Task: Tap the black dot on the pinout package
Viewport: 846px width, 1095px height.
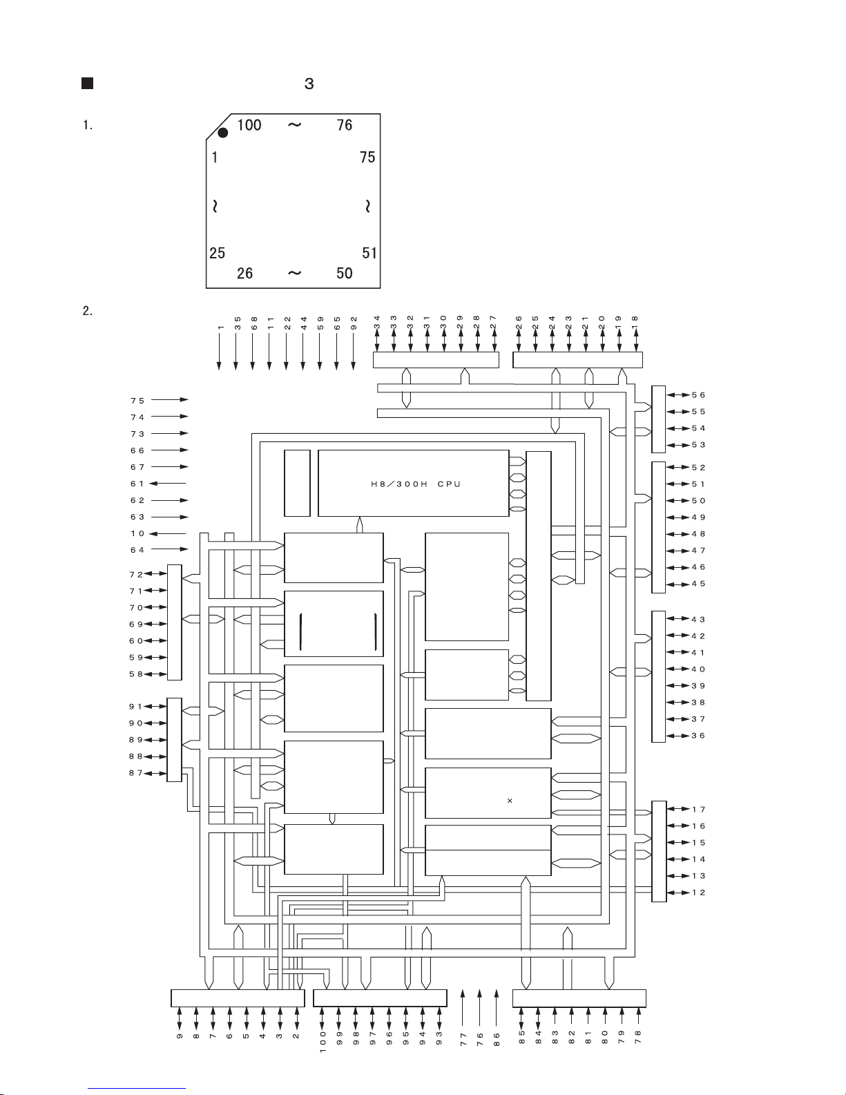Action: [223, 133]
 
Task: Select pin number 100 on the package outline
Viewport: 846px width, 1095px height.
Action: [249, 125]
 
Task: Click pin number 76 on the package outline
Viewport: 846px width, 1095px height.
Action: [344, 125]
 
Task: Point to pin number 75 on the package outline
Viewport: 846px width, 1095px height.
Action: [367, 158]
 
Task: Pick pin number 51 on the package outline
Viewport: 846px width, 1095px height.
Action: [369, 253]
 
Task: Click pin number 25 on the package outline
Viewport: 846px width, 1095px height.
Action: [217, 253]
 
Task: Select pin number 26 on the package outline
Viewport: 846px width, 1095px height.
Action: [244, 274]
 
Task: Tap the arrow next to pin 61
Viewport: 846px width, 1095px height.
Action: [168, 484]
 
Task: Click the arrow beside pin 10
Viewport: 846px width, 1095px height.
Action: [168, 533]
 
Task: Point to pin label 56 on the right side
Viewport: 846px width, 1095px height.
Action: [698, 395]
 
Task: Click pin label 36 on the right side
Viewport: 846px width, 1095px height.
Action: [698, 736]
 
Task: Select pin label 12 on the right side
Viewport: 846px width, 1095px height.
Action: [698, 893]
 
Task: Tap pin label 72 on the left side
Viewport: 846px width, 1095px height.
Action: [135, 574]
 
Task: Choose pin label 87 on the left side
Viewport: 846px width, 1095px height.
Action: [135, 773]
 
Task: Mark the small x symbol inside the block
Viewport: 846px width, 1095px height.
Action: [510, 801]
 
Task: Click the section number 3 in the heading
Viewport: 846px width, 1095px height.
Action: [309, 84]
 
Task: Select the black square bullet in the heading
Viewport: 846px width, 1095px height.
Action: [87, 84]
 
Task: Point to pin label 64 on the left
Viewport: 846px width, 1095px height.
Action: [137, 550]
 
